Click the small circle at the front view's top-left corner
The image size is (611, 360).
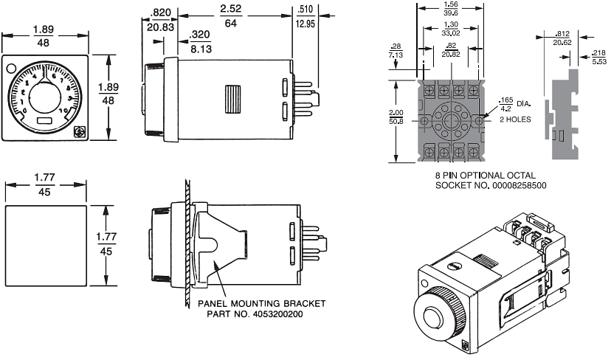pyautogui.click(x=11, y=69)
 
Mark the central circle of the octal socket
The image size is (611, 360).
pyautogui.click(x=451, y=120)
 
